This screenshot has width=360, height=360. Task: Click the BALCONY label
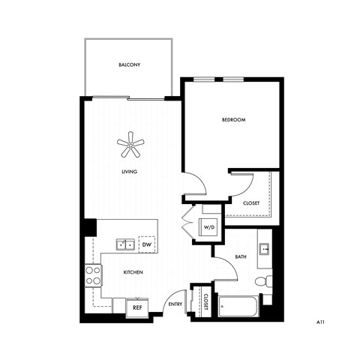pyautogui.click(x=130, y=65)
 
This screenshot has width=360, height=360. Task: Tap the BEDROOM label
pyautogui.click(x=233, y=120)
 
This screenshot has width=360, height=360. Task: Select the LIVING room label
pyautogui.click(x=130, y=172)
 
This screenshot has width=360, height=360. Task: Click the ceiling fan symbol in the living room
pyautogui.click(x=131, y=145)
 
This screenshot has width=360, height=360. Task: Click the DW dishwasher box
pyautogui.click(x=147, y=244)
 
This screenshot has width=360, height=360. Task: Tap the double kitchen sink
pyautogui.click(x=124, y=244)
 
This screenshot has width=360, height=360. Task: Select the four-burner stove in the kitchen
pyautogui.click(x=93, y=275)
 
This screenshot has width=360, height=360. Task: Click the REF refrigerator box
pyautogui.click(x=137, y=307)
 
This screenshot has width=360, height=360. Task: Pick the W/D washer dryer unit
pyautogui.click(x=208, y=228)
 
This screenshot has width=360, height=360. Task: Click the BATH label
pyautogui.click(x=240, y=257)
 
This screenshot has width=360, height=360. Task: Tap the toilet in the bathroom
pyautogui.click(x=262, y=282)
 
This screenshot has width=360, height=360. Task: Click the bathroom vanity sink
pyautogui.click(x=264, y=248)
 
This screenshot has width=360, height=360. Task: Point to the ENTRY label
pyautogui.click(x=175, y=304)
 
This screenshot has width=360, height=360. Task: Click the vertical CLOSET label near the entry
pyautogui.click(x=204, y=302)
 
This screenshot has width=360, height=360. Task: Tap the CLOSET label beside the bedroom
pyautogui.click(x=251, y=203)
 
